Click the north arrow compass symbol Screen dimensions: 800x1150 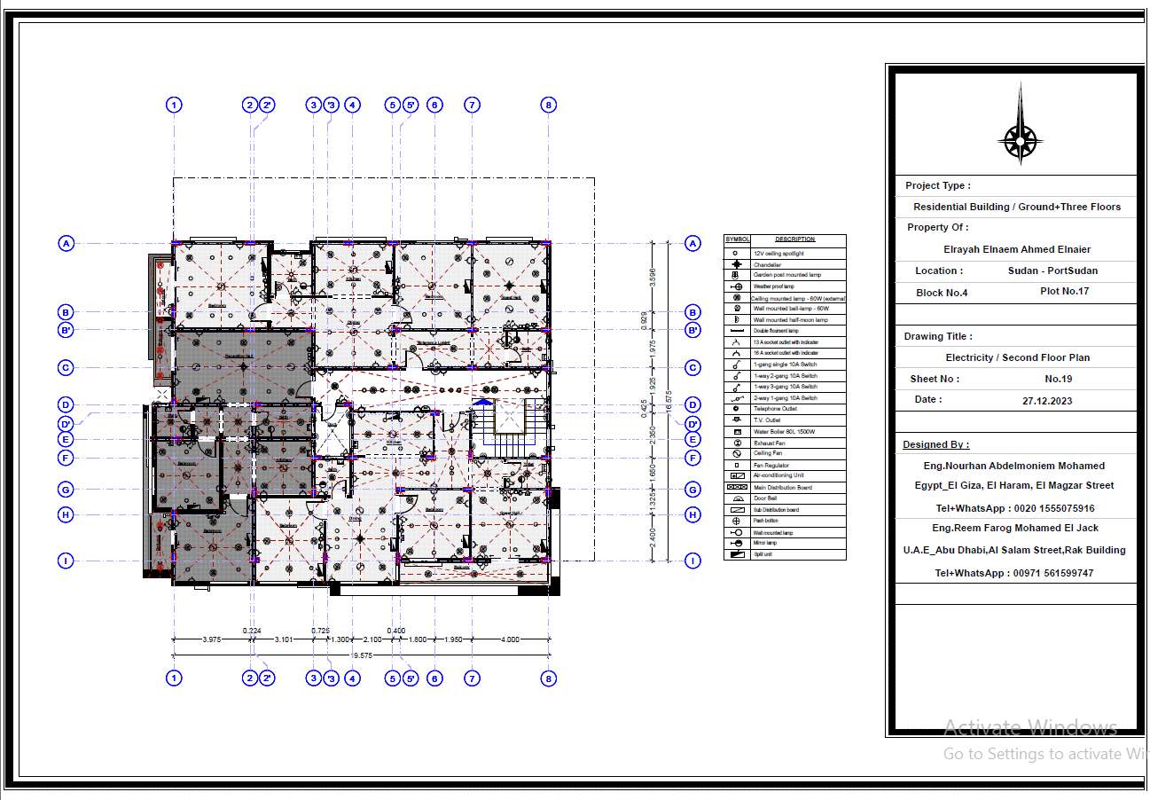pyautogui.click(x=1020, y=138)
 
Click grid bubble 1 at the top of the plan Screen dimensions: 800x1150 pyautogui.click(x=174, y=105)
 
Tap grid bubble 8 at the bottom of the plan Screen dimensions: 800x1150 pyautogui.click(x=549, y=678)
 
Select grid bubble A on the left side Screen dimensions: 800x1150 pyautogui.click(x=66, y=243)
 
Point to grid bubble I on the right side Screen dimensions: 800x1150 pyautogui.click(x=693, y=561)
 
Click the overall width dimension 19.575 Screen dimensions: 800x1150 pyautogui.click(x=362, y=655)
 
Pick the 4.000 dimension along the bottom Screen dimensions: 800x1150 pyautogui.click(x=510, y=639)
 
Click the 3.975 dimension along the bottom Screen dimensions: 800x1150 pyautogui.click(x=212, y=639)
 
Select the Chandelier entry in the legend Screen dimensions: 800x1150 pyautogui.click(x=767, y=264)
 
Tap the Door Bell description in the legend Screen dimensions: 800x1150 pyautogui.click(x=765, y=498)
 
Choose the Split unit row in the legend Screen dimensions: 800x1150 pyautogui.click(x=763, y=554)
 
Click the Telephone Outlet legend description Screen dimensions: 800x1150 pyautogui.click(x=775, y=409)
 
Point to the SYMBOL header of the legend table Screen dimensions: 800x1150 pyautogui.click(x=738, y=239)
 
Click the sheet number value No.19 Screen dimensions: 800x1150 pyautogui.click(x=1059, y=379)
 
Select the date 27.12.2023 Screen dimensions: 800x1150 pyautogui.click(x=1046, y=400)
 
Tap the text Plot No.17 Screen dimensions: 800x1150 pyautogui.click(x=1064, y=291)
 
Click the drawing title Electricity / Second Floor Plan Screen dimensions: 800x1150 pyautogui.click(x=1017, y=357)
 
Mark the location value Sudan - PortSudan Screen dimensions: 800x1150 pyautogui.click(x=1052, y=271)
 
